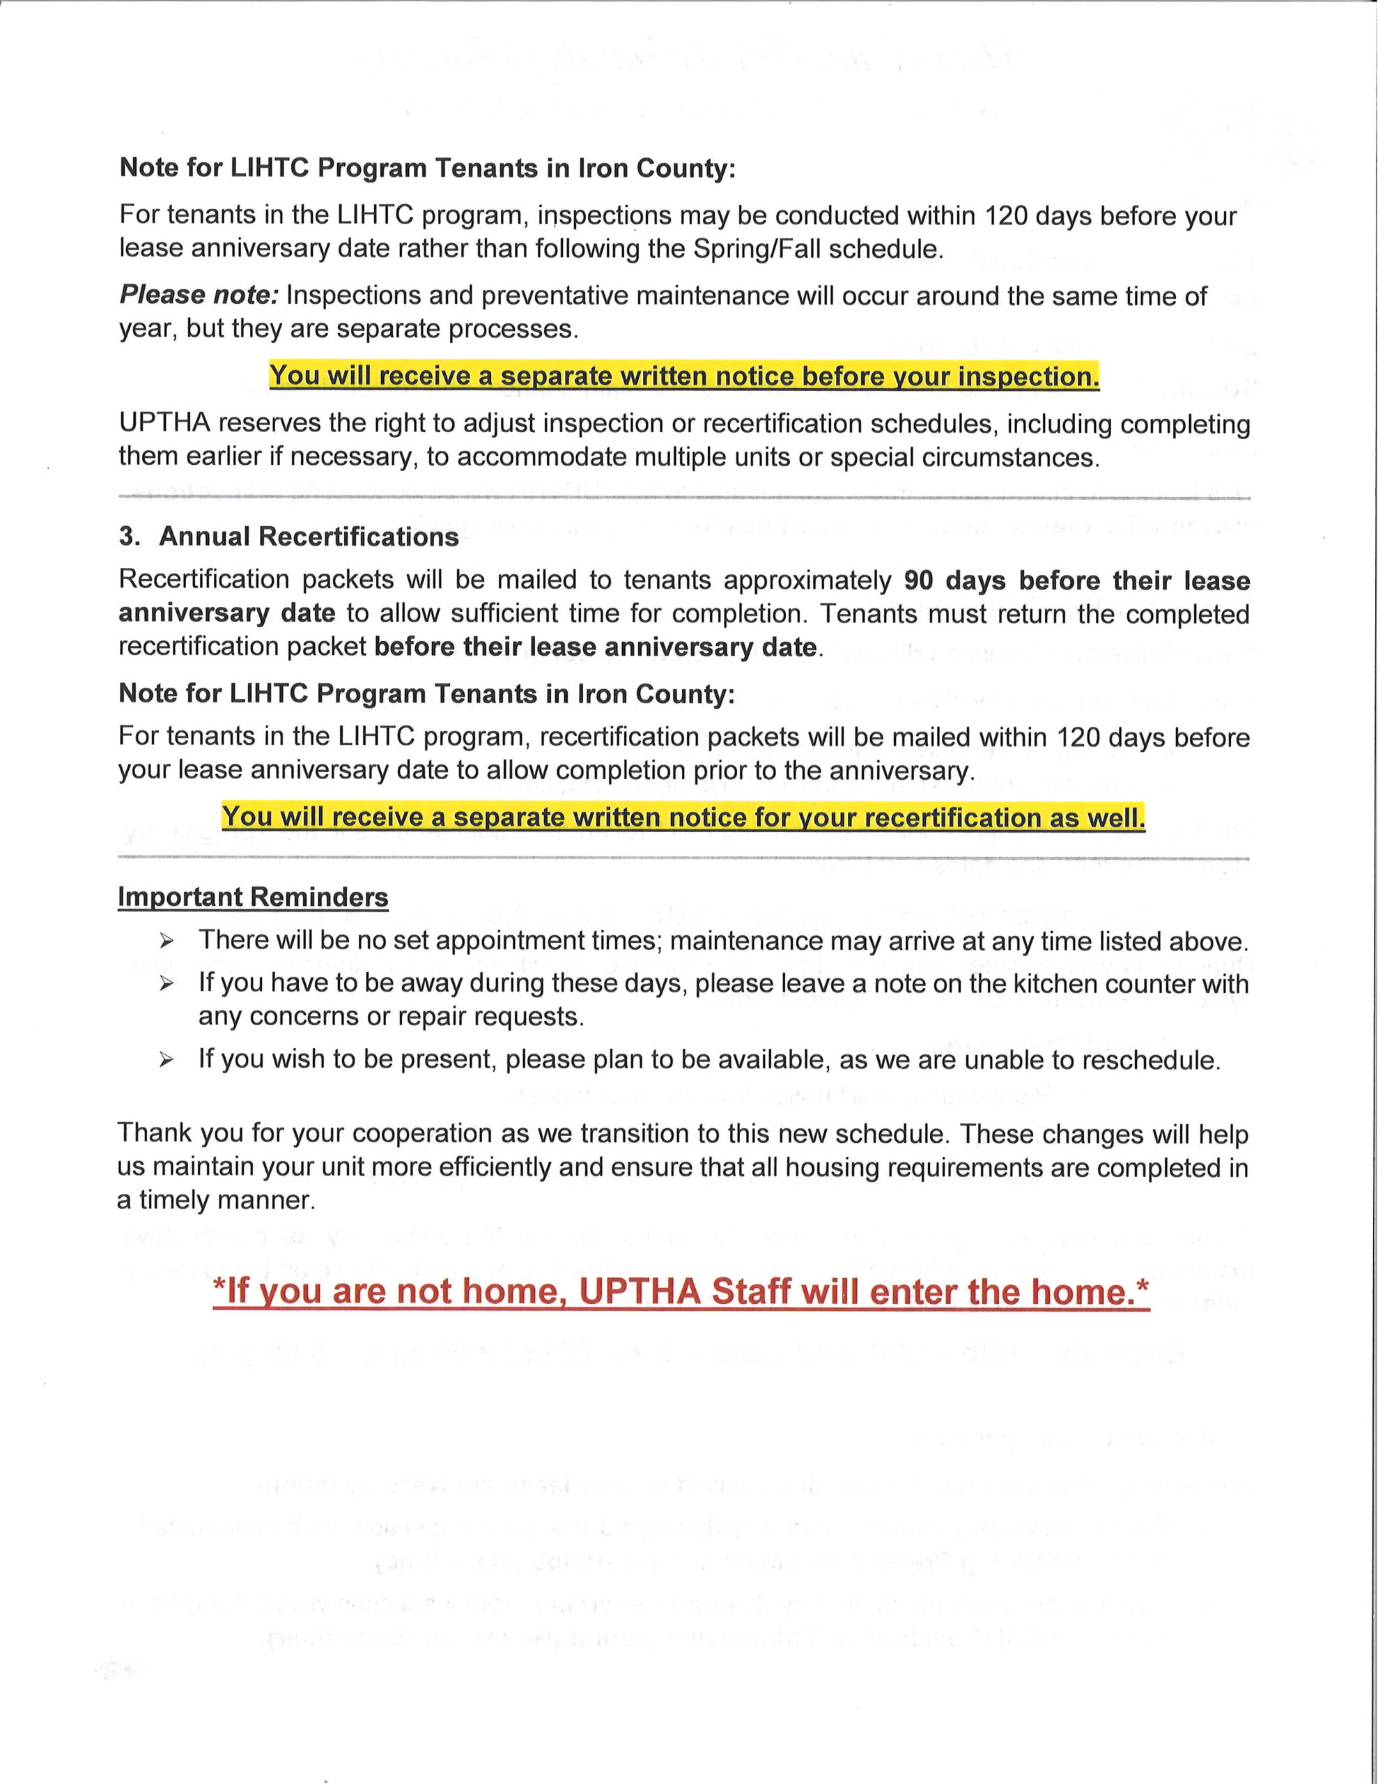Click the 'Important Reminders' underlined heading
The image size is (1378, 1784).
(252, 896)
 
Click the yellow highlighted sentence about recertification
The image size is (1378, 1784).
(683, 816)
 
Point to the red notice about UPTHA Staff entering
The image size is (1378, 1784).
(681, 1291)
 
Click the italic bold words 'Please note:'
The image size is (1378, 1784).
(199, 295)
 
